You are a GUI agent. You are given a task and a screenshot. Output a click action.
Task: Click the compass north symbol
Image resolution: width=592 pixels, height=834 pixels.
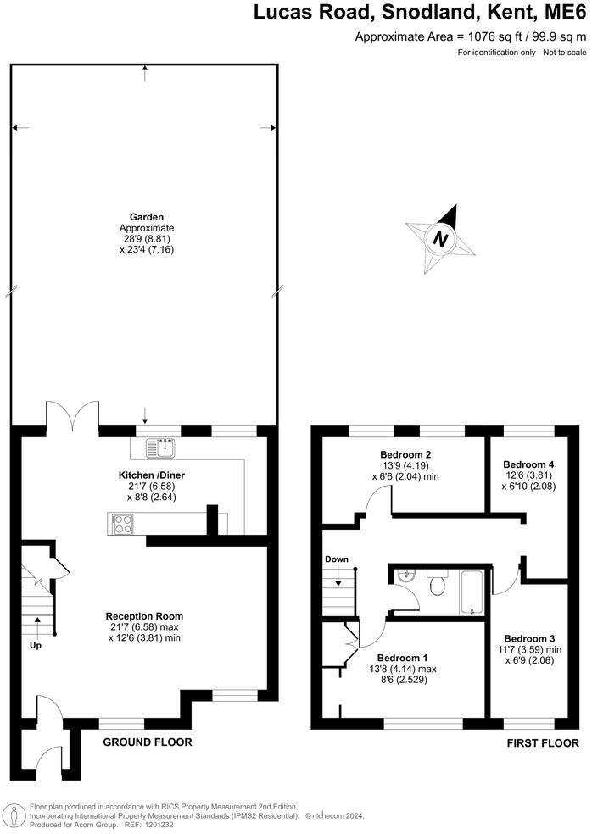[x=439, y=239]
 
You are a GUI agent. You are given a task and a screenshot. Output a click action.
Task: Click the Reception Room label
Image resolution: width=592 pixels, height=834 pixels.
[x=144, y=616]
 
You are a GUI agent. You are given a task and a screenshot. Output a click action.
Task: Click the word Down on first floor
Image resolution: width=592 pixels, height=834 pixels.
[x=337, y=559]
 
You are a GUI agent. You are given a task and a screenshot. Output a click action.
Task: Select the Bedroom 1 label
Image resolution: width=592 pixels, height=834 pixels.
[x=402, y=658]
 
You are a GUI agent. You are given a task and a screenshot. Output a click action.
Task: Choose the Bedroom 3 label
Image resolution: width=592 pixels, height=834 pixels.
[x=529, y=638]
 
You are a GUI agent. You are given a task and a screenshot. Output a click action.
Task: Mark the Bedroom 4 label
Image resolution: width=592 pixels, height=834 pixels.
[x=528, y=464]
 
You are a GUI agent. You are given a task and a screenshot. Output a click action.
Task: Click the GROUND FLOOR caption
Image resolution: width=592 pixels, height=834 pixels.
[x=148, y=742]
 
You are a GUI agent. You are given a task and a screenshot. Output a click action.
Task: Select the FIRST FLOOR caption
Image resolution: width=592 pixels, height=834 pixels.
[x=542, y=742]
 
